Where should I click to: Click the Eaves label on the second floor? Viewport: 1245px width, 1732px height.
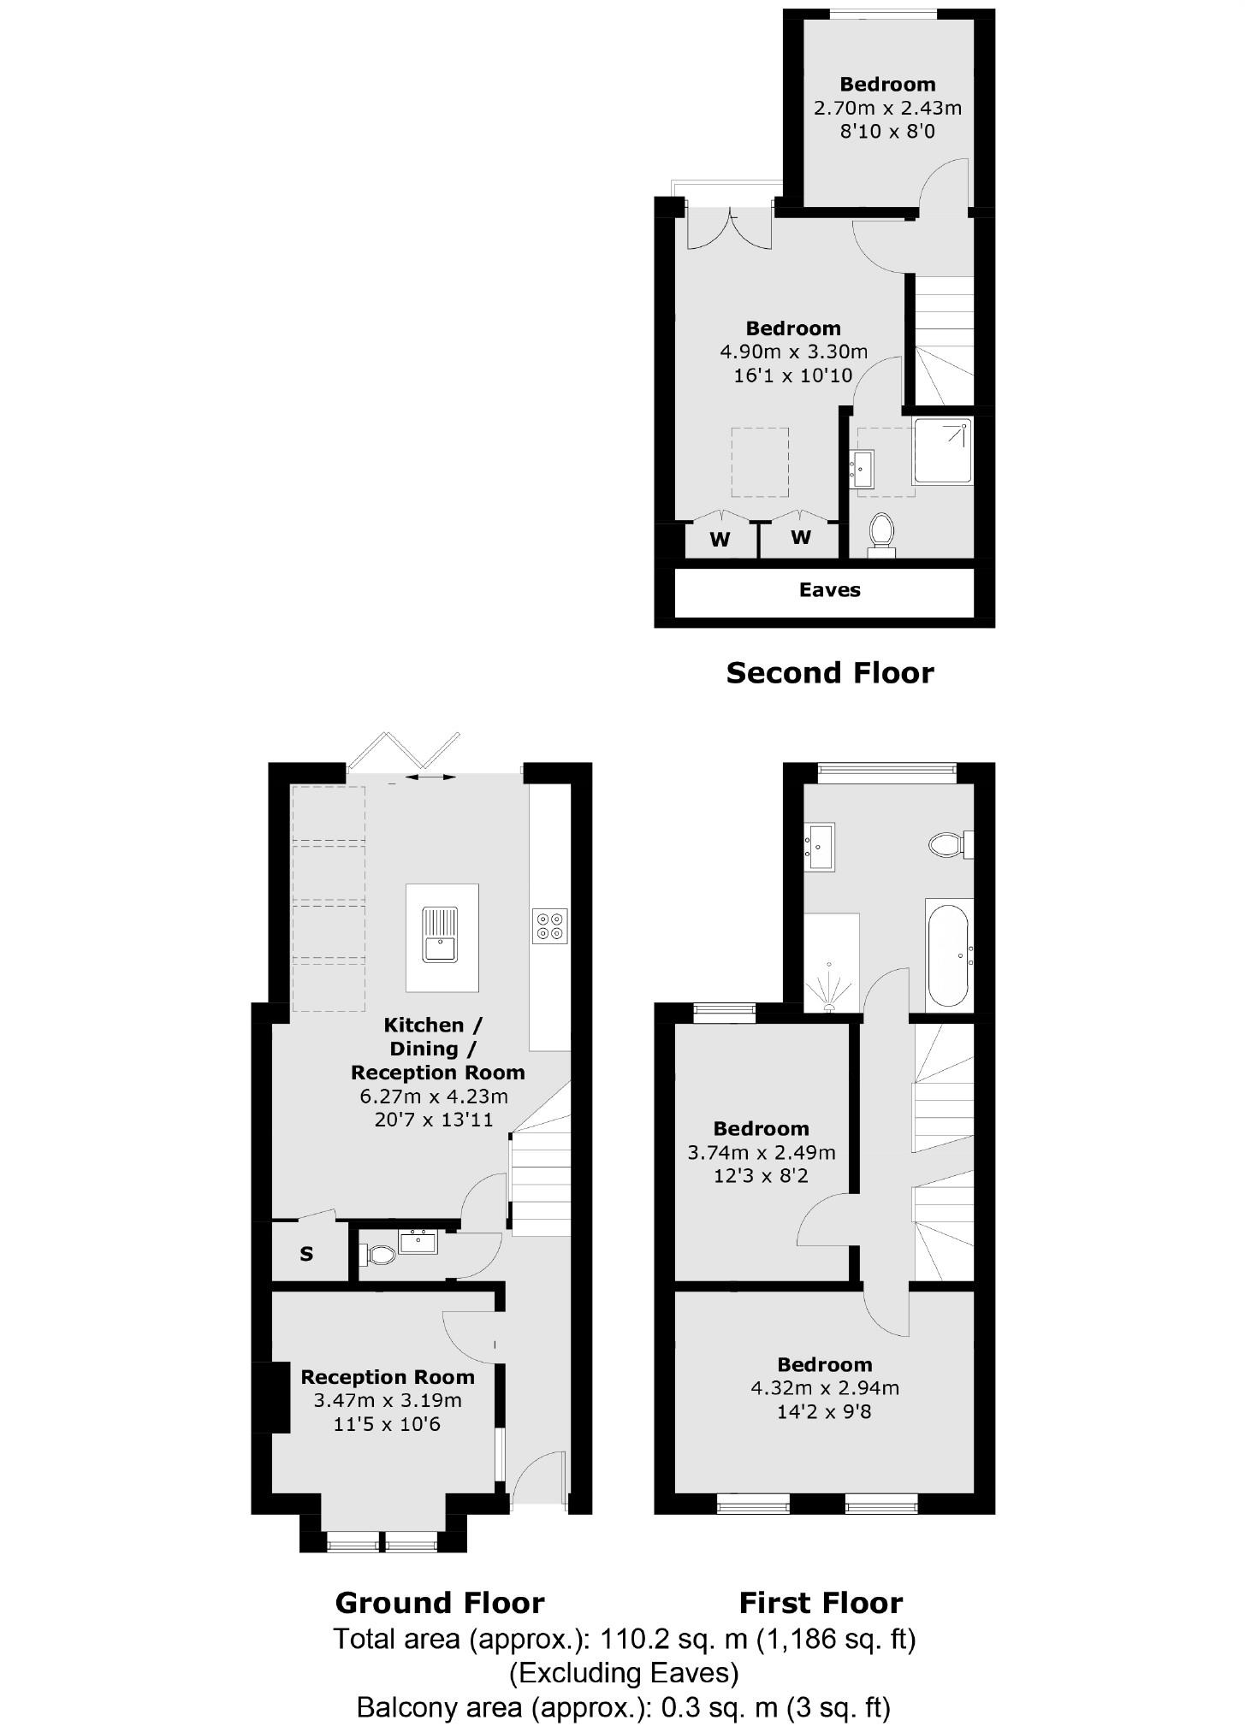click(829, 590)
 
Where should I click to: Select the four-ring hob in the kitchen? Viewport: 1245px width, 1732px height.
click(549, 925)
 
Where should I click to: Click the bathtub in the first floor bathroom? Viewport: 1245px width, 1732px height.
click(949, 953)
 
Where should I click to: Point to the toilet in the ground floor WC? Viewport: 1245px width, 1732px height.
click(377, 1255)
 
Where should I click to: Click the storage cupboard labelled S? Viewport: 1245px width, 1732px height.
click(306, 1254)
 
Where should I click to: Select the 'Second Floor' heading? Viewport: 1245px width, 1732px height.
click(829, 673)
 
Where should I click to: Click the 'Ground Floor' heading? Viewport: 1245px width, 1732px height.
click(440, 1602)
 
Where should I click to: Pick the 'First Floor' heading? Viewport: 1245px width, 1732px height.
click(821, 1602)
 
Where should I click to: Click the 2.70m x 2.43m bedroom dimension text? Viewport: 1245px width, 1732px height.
click(887, 109)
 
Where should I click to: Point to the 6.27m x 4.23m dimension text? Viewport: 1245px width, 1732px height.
click(435, 1097)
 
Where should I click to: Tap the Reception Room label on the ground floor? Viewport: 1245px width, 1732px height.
click(388, 1377)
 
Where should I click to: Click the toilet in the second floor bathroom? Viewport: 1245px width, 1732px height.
click(881, 532)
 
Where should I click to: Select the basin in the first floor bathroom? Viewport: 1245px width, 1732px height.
click(820, 847)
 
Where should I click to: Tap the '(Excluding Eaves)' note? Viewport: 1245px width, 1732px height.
click(624, 1672)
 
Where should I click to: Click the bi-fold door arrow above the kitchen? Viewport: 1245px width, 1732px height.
click(430, 777)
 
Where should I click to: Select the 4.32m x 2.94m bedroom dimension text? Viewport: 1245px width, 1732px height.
click(824, 1388)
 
